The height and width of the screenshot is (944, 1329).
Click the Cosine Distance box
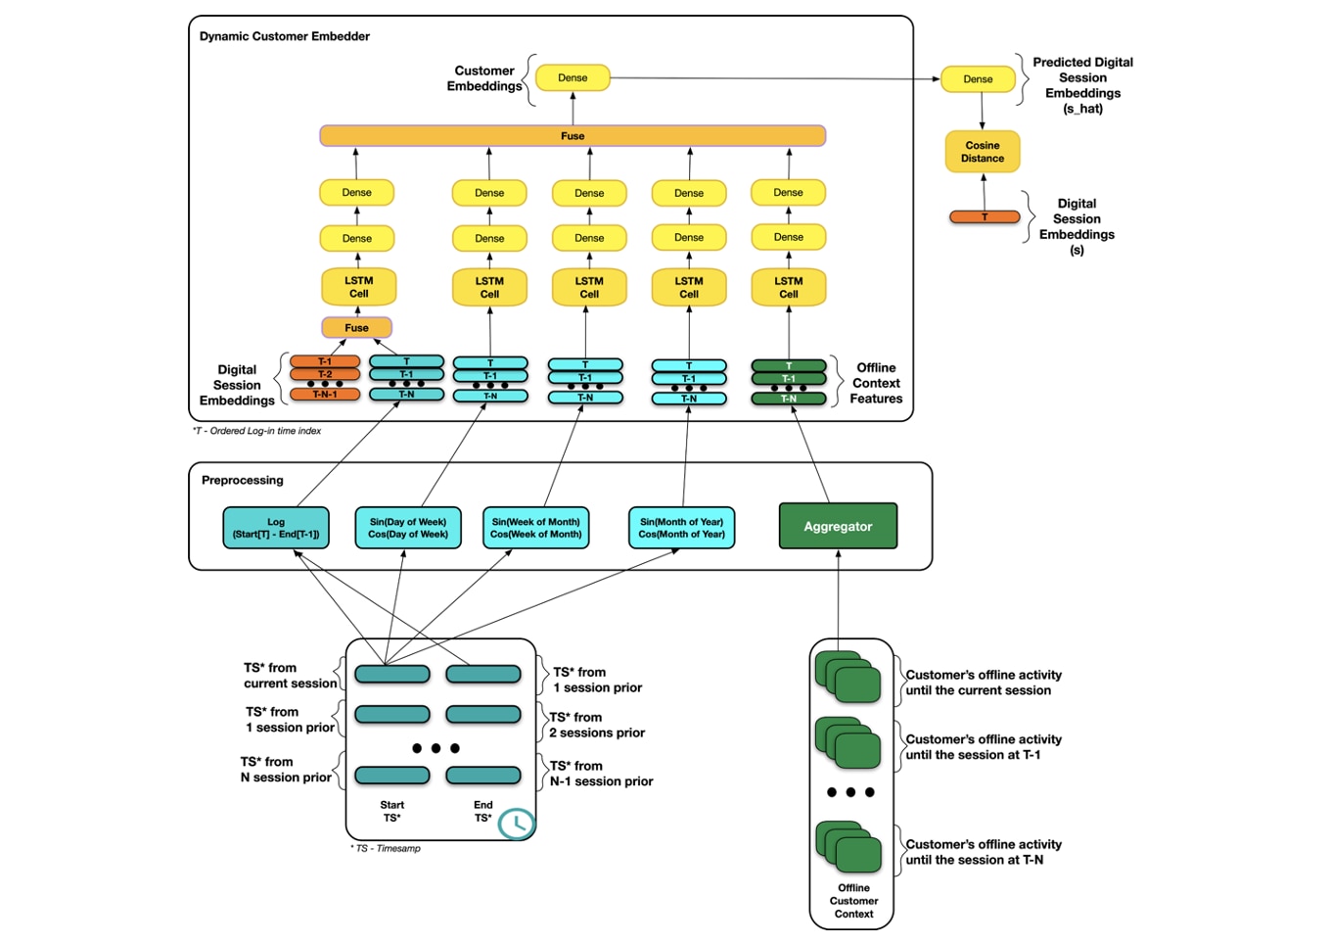click(982, 152)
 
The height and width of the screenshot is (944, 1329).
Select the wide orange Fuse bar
click(573, 136)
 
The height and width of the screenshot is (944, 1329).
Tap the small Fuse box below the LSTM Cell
click(356, 328)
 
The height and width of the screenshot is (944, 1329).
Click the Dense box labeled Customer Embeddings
click(573, 78)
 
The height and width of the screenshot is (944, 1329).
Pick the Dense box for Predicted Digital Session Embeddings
click(978, 79)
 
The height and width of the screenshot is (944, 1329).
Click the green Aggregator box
click(838, 527)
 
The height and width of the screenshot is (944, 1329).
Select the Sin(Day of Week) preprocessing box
click(408, 528)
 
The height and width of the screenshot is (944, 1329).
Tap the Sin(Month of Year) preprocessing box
click(681, 528)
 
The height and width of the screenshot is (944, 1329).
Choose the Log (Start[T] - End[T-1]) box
click(276, 528)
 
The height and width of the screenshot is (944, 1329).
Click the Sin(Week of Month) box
click(535, 528)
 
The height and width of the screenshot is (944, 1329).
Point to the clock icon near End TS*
click(517, 824)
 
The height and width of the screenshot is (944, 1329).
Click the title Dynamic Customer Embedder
click(285, 36)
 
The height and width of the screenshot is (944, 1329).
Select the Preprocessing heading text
click(243, 480)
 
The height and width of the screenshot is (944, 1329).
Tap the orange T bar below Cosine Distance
click(985, 217)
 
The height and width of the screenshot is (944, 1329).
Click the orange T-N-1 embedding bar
click(325, 395)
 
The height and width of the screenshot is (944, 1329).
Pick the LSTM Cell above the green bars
click(788, 288)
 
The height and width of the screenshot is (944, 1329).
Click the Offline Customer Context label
click(853, 901)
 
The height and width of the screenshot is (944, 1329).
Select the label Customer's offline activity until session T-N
click(983, 852)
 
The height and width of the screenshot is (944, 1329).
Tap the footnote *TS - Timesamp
click(386, 848)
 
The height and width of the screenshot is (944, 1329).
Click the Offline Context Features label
click(876, 383)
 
